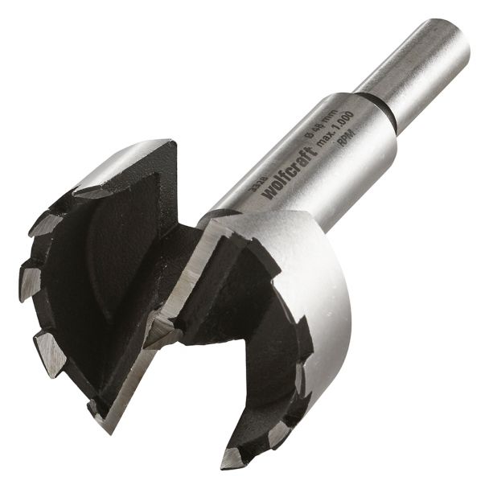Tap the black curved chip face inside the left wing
click(x=97, y=265)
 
